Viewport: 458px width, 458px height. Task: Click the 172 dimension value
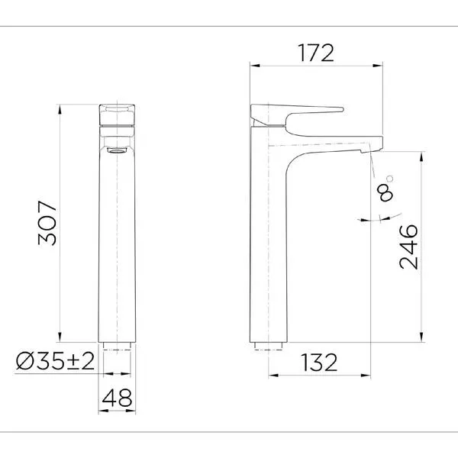click(x=315, y=53)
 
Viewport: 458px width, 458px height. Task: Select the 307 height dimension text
click(x=47, y=223)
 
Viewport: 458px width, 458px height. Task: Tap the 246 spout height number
click(x=408, y=247)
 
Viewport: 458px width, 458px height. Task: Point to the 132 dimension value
click(x=319, y=363)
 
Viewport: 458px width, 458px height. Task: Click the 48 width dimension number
click(x=117, y=398)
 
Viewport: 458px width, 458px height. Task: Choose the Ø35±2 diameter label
click(x=55, y=361)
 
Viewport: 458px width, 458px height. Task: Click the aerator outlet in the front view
click(x=117, y=150)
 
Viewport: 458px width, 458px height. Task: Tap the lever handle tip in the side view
click(x=341, y=110)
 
